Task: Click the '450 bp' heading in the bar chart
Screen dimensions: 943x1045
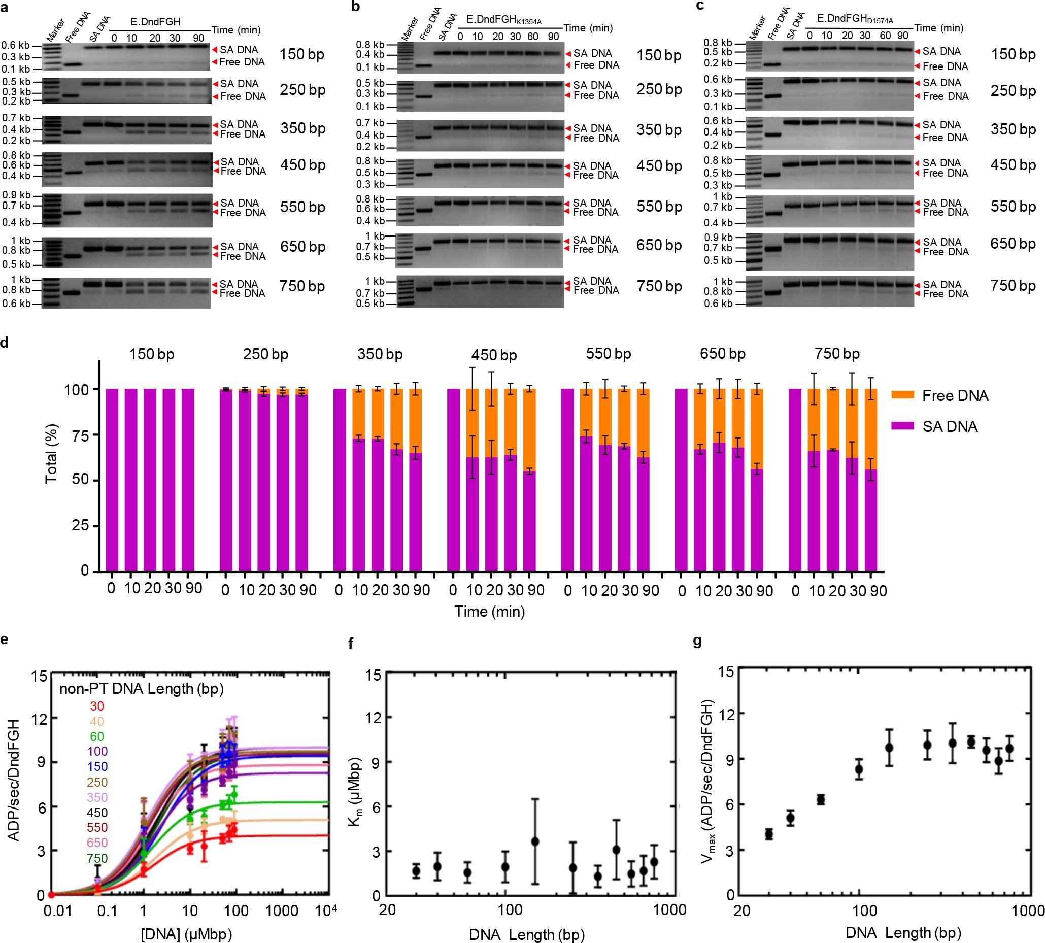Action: [x=494, y=355]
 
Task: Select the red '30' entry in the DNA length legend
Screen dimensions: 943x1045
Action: [x=97, y=705]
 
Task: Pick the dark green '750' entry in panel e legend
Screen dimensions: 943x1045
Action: [x=97, y=859]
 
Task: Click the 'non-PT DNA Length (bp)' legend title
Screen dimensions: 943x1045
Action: [x=142, y=689]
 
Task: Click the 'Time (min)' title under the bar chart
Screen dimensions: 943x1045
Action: [x=490, y=612]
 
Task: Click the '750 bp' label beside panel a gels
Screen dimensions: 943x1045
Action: [x=302, y=286]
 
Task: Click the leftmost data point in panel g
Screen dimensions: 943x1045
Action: [x=769, y=834]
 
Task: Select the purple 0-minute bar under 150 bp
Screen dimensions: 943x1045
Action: [x=112, y=479]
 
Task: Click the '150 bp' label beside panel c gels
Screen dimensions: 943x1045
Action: [x=1013, y=54]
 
